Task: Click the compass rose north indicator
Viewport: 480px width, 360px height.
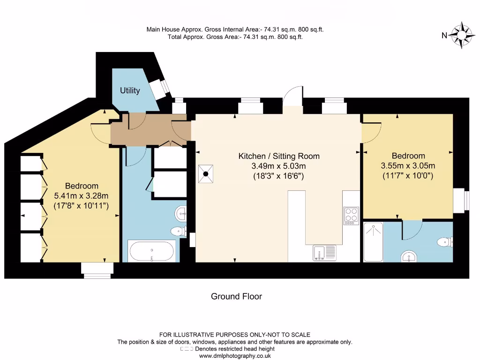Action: point(461,35)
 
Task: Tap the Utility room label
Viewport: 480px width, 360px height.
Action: point(130,90)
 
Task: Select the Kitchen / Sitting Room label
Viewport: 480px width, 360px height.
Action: point(279,156)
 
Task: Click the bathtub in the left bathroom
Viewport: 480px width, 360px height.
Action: point(152,251)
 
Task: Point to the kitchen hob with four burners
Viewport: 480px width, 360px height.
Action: point(351,216)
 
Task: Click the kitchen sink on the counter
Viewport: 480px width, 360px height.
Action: point(324,253)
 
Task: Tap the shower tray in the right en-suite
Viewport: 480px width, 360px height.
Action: point(373,242)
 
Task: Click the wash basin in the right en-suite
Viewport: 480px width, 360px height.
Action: point(409,256)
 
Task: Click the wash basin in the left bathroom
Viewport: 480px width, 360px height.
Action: point(181,214)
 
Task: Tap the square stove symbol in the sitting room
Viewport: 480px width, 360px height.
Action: point(206,173)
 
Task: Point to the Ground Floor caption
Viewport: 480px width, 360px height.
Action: point(236,296)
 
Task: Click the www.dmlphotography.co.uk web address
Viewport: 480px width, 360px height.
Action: point(236,356)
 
